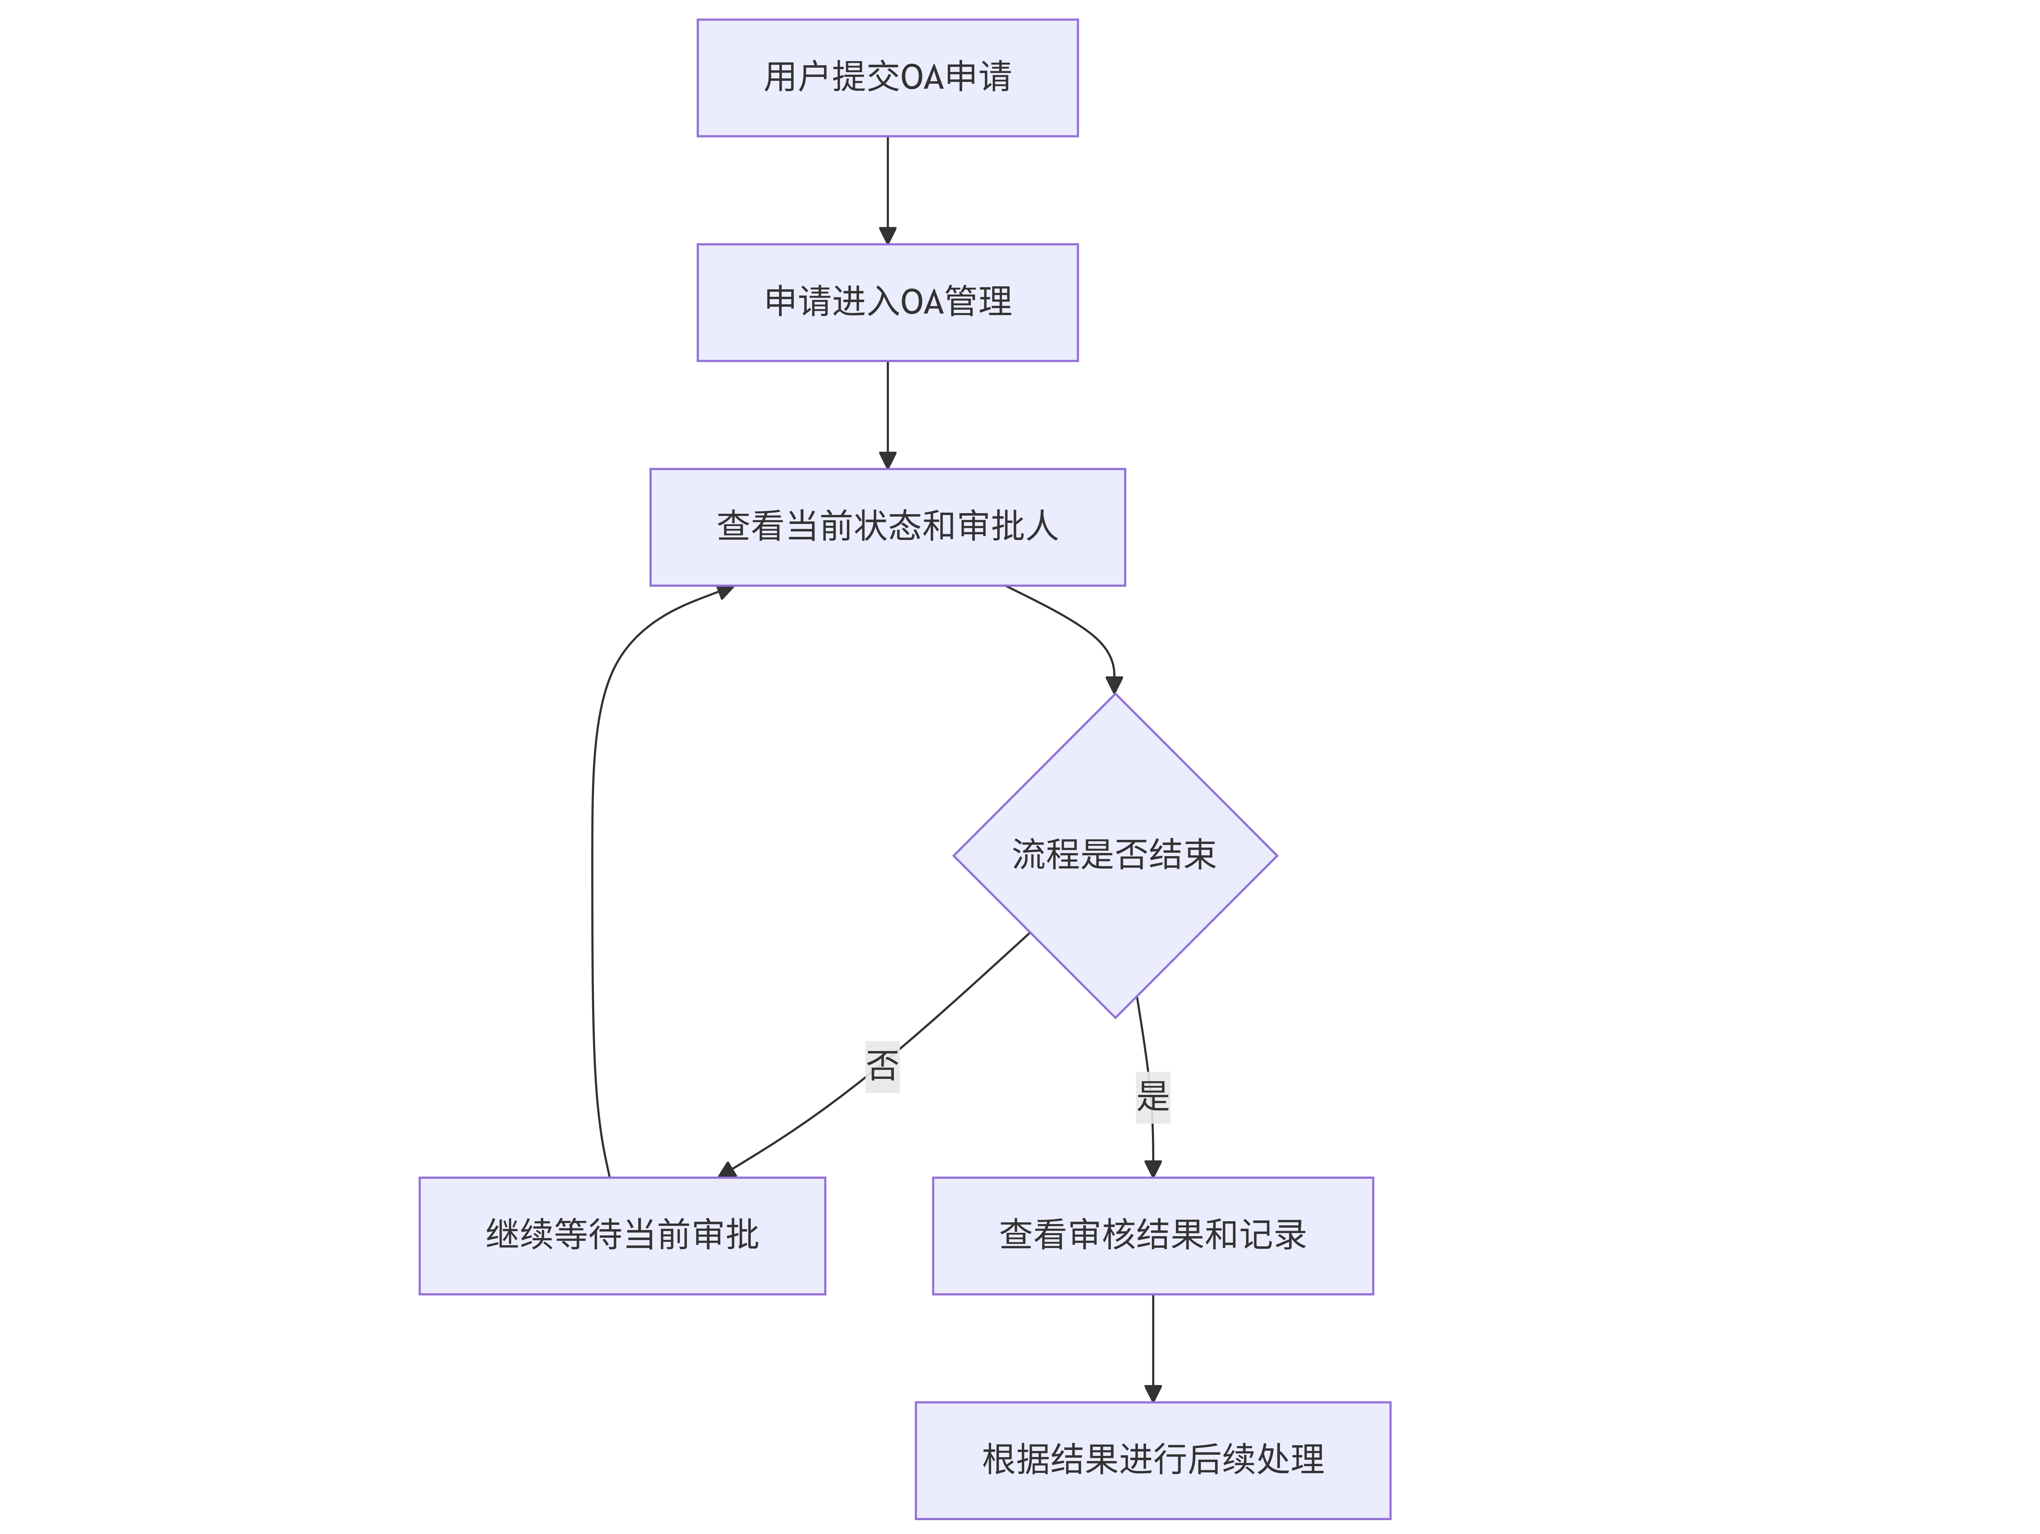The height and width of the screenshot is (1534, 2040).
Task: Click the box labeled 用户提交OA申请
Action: (887, 77)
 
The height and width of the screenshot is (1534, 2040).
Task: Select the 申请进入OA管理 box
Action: (887, 302)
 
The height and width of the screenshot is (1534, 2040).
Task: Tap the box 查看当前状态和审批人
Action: (887, 527)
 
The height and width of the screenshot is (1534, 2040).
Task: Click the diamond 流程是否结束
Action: (1115, 855)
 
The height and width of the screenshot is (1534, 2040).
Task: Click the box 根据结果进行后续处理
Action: (1153, 1460)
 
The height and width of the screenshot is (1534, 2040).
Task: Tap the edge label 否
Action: (883, 1066)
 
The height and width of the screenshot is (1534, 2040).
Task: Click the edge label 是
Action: (1153, 1097)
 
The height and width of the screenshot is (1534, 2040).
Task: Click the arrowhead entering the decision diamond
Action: (1114, 684)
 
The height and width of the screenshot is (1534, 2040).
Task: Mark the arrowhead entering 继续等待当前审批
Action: (727, 1170)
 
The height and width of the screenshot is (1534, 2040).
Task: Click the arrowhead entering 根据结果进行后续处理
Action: (1153, 1393)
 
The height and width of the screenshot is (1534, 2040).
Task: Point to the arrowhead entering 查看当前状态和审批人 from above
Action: (887, 459)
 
